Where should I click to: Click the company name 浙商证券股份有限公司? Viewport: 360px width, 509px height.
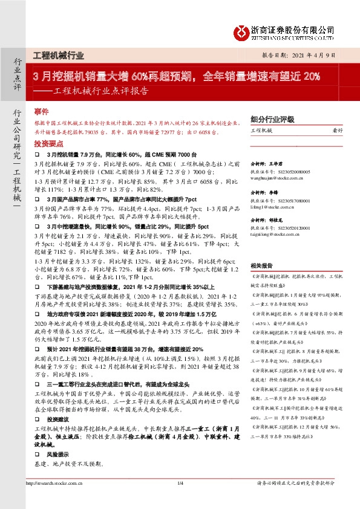point(293,29)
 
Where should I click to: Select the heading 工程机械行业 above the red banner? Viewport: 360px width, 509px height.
point(58,56)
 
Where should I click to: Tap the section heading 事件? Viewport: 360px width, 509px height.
point(41,112)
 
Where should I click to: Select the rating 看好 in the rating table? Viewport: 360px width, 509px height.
point(337,131)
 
